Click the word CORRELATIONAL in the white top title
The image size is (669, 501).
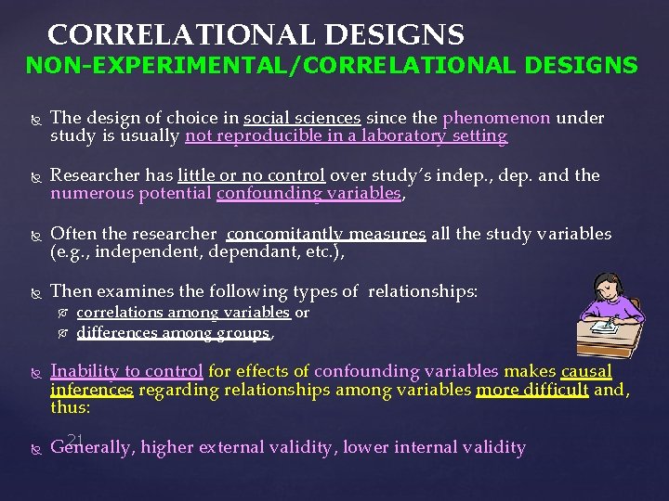[162, 35]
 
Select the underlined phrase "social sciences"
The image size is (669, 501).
[302, 118]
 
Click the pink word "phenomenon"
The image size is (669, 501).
[496, 118]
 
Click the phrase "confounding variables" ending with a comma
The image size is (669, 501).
[309, 194]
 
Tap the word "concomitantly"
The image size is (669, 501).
[280, 233]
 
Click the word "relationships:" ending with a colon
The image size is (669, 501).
[423, 291]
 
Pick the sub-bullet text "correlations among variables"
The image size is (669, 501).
[183, 313]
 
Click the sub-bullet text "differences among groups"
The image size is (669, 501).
[173, 332]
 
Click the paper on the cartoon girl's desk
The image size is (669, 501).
[599, 324]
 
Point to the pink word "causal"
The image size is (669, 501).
[586, 371]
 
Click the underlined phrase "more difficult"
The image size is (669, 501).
[531, 390]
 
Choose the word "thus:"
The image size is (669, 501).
[71, 408]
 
